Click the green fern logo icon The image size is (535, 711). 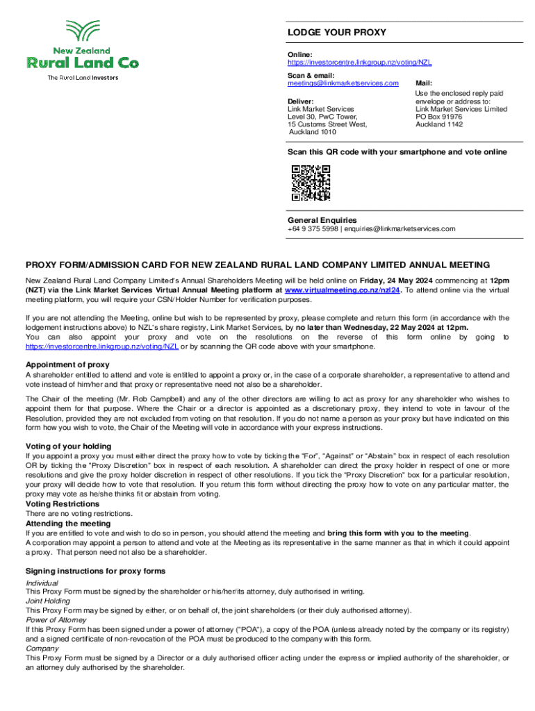coord(82,33)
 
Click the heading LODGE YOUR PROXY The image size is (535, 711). coord(337,33)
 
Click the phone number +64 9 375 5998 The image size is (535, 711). coord(313,228)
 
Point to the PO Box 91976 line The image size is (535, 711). coord(438,117)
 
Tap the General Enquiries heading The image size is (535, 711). coord(322,220)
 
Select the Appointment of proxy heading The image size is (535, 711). coord(67,365)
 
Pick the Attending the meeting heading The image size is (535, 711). coord(67,524)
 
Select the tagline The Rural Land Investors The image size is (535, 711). coord(83,78)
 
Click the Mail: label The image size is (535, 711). coord(424,83)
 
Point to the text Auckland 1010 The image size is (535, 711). coord(313,132)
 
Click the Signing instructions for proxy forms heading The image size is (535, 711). coord(96,571)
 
